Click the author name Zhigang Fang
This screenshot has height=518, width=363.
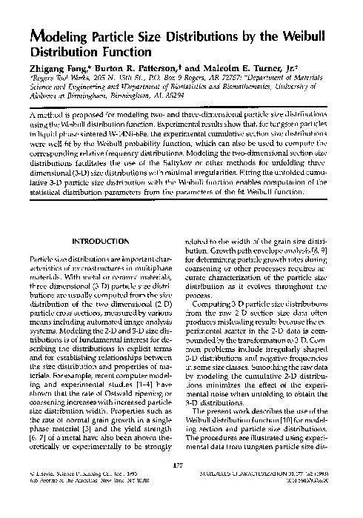pyautogui.click(x=56, y=69)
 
